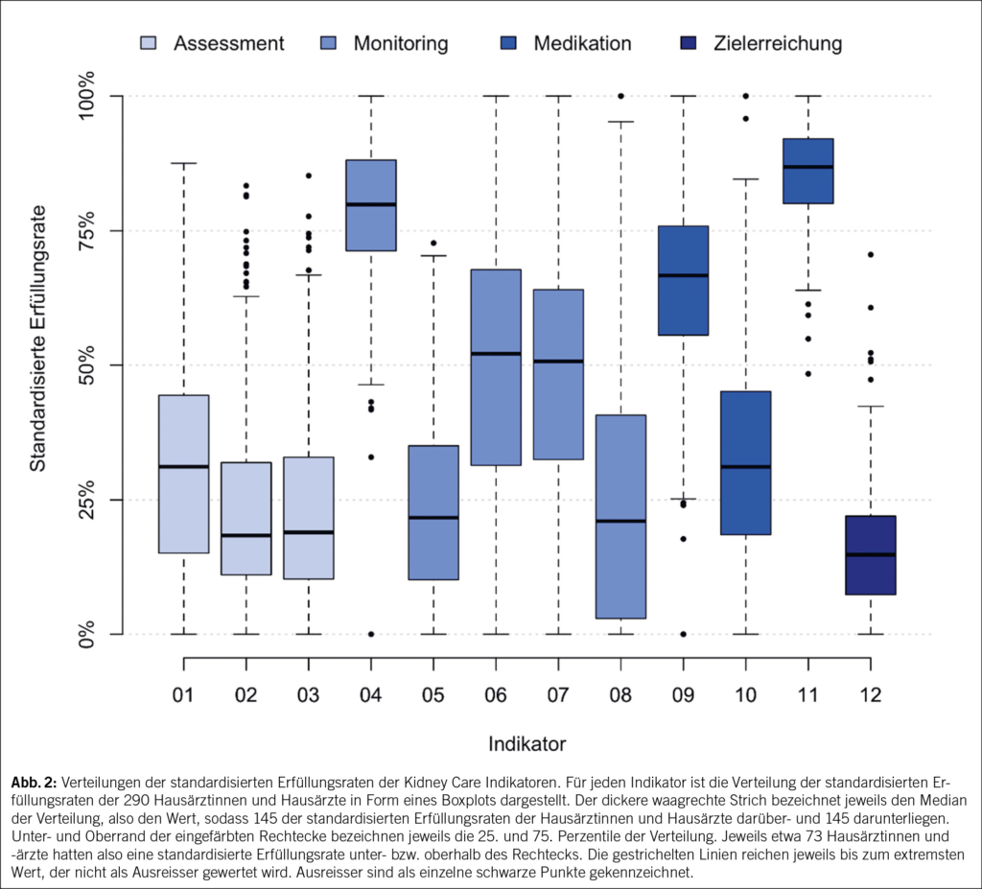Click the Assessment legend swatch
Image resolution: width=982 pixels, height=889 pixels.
point(149,43)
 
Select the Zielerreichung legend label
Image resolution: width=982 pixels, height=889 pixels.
point(778,43)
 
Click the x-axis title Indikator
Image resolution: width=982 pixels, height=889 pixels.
point(526,743)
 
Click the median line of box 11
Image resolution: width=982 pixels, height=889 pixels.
point(807,167)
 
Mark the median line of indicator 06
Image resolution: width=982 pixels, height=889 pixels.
point(496,354)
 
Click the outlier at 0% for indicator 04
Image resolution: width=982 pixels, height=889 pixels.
point(371,634)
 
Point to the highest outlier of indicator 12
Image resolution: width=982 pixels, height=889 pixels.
point(870,254)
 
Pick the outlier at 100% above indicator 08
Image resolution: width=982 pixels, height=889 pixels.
point(620,96)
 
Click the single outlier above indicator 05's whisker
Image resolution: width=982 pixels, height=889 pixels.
point(433,243)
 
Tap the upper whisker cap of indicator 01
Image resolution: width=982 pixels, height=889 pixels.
point(184,164)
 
